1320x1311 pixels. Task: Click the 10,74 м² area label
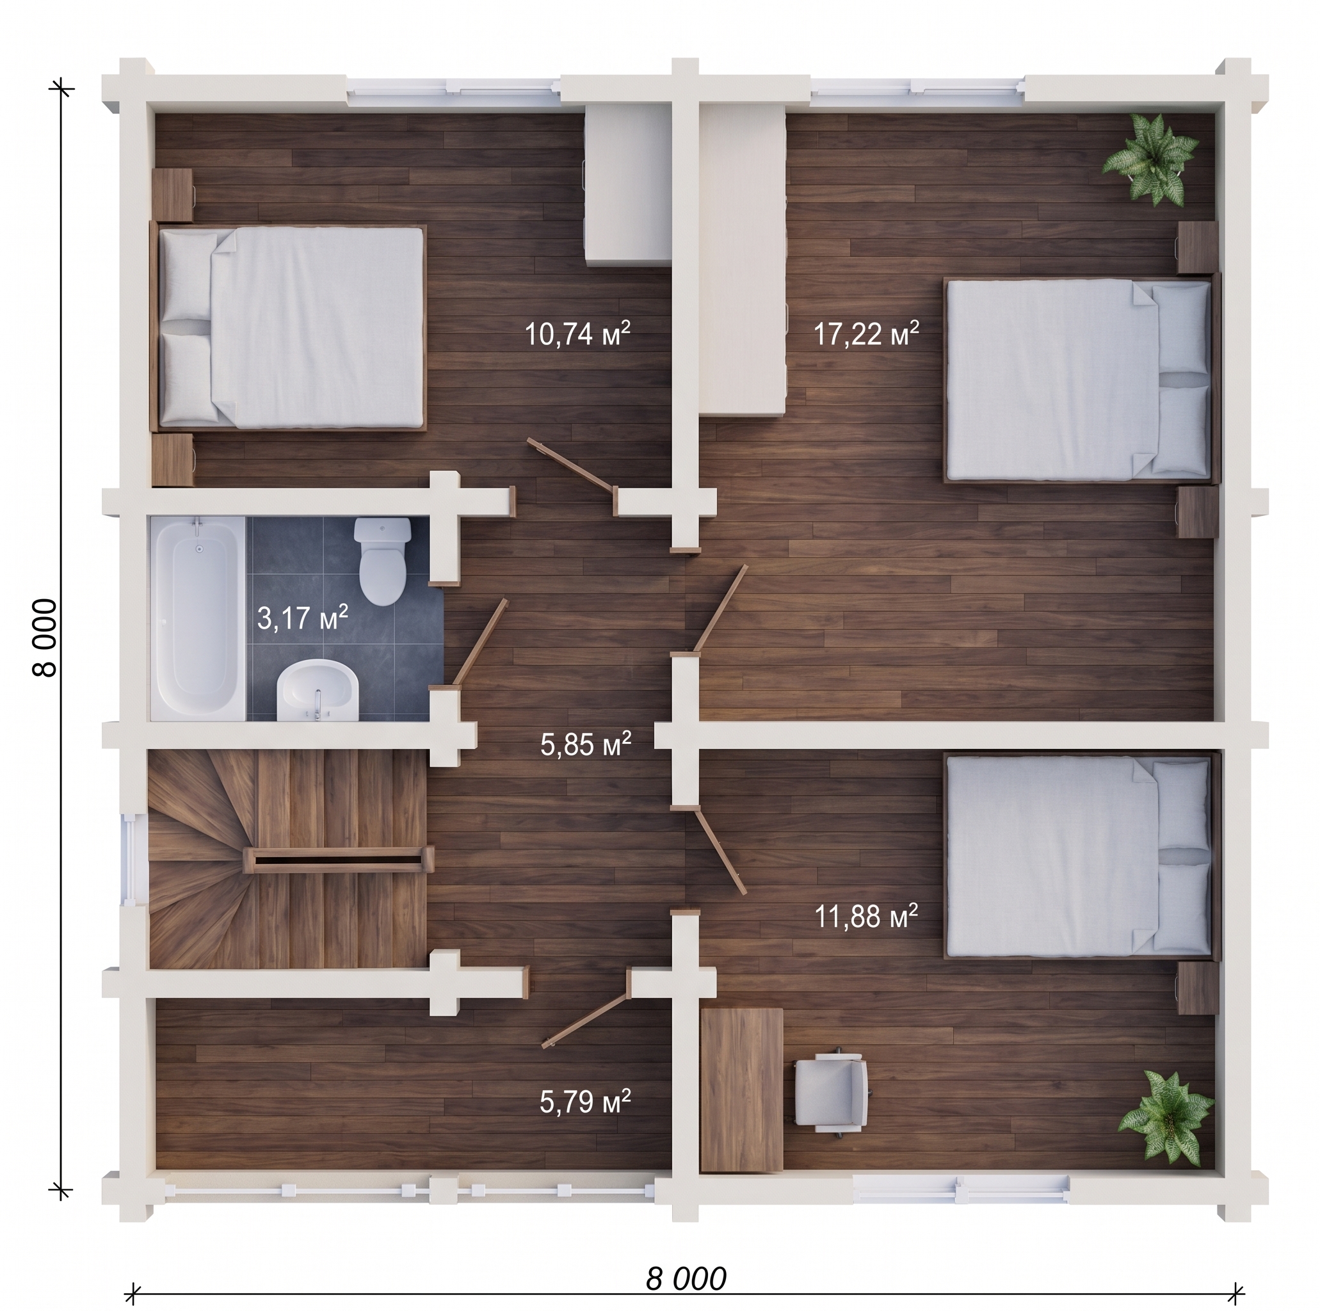click(x=577, y=334)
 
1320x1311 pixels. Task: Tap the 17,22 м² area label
click(x=866, y=334)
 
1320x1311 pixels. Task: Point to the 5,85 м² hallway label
click(x=586, y=744)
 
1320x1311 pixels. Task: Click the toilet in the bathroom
click(x=383, y=560)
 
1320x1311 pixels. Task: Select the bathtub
click(x=198, y=618)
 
